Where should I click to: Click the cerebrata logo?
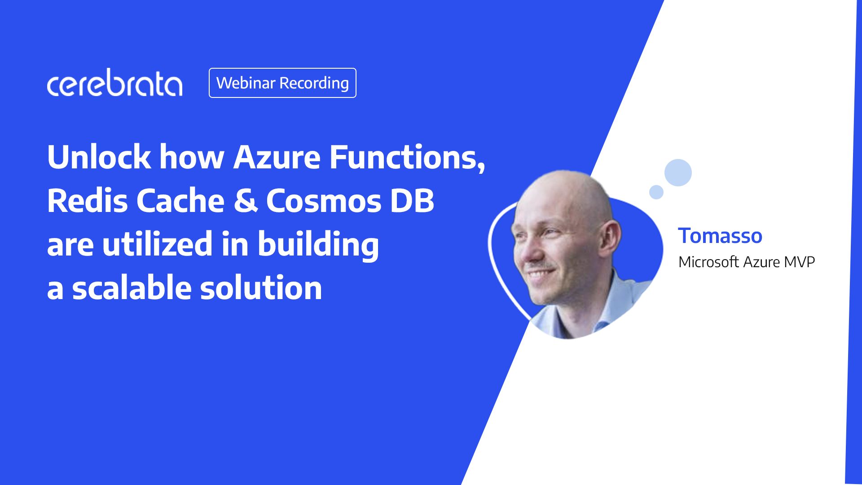point(114,84)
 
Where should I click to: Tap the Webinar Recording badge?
point(282,83)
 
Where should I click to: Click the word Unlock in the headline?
point(99,157)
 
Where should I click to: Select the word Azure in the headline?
point(277,157)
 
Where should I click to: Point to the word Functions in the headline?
point(406,157)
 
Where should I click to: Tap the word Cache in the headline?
point(180,201)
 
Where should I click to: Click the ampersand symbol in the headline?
point(246,201)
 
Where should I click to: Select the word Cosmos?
point(324,201)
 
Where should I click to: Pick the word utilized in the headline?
point(157,244)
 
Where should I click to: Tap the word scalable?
point(132,287)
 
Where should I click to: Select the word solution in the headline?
point(261,287)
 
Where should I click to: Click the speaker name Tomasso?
point(720,236)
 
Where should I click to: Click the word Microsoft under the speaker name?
point(708,262)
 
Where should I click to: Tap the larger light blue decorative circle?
point(678,172)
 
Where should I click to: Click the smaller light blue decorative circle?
point(656,192)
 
